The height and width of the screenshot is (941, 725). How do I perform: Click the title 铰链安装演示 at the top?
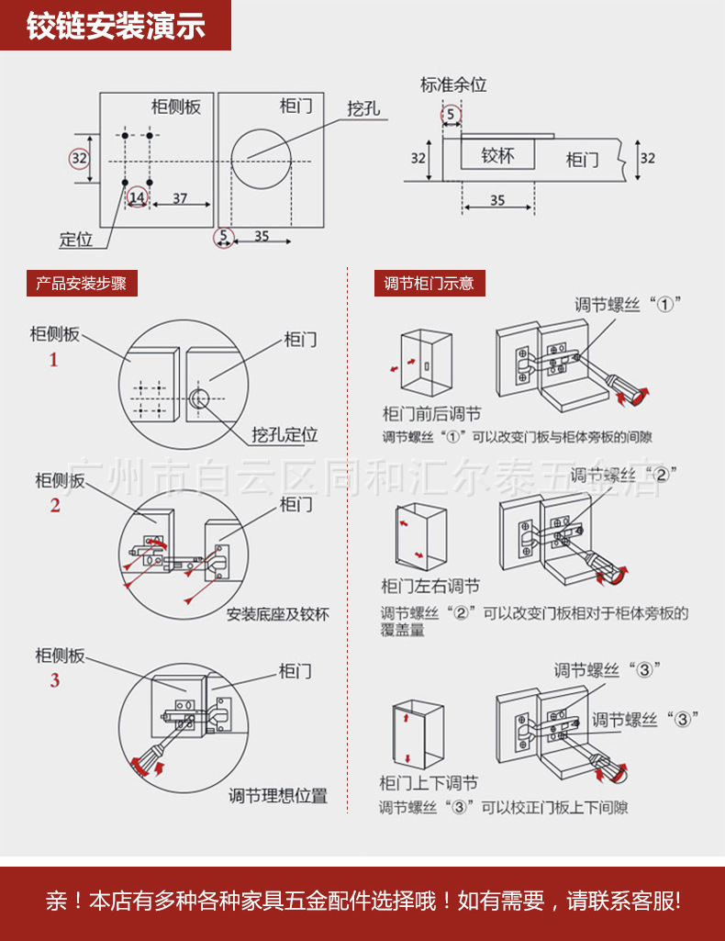click(115, 26)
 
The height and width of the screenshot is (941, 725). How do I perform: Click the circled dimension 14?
click(137, 197)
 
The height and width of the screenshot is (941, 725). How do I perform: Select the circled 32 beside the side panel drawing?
click(80, 158)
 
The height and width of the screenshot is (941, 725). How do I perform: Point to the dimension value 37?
click(180, 198)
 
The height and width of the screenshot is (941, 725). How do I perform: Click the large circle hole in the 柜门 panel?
click(270, 157)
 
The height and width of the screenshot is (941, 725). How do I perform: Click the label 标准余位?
click(453, 84)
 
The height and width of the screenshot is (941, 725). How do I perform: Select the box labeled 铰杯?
click(497, 156)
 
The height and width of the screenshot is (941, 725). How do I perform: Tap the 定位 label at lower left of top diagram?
click(76, 240)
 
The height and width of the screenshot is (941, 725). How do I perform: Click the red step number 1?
click(53, 360)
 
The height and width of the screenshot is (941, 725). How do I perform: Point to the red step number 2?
click(55, 506)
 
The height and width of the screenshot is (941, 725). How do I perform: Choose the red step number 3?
click(55, 680)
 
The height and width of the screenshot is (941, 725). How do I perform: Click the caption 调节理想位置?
click(278, 796)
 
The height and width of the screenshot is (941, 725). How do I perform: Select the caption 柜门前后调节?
click(431, 414)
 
